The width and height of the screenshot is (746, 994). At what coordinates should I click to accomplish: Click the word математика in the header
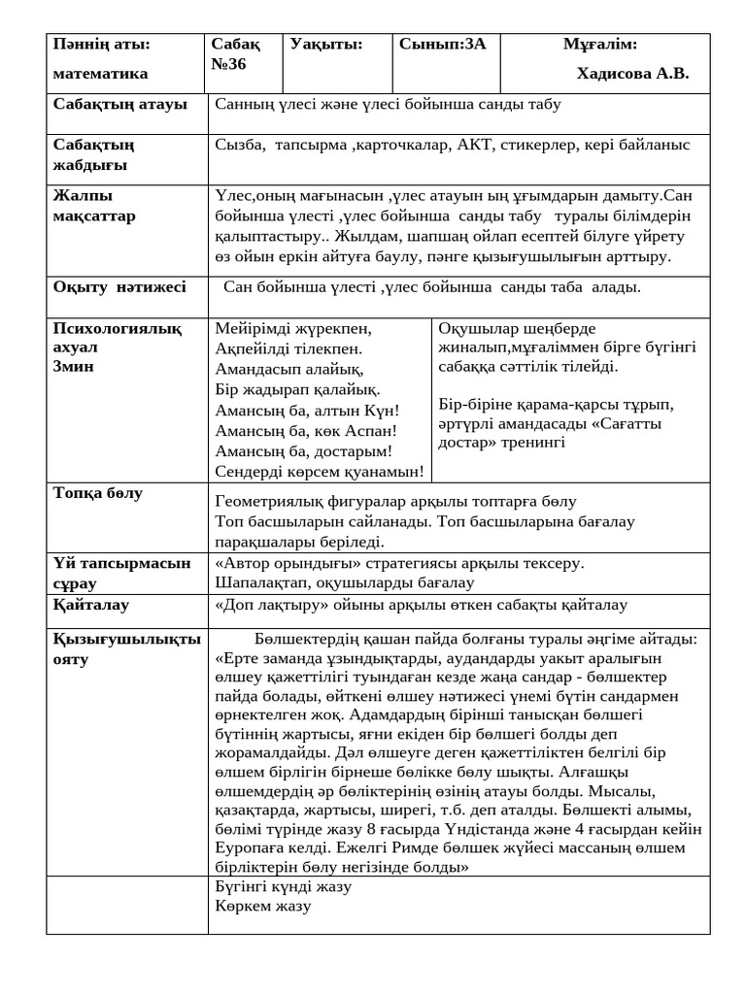(x=100, y=74)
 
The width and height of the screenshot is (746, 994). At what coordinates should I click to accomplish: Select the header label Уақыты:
(x=325, y=44)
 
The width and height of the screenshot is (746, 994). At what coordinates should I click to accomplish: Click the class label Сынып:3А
(x=443, y=44)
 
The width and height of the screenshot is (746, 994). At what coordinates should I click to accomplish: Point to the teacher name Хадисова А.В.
(x=632, y=74)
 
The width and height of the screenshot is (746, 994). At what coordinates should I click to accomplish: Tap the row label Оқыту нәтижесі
(x=119, y=286)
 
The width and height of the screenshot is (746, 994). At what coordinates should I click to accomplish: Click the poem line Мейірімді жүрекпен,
(x=292, y=328)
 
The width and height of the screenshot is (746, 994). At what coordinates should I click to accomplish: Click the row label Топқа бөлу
(x=97, y=493)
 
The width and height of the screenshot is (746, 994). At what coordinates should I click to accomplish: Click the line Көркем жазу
(x=263, y=906)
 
